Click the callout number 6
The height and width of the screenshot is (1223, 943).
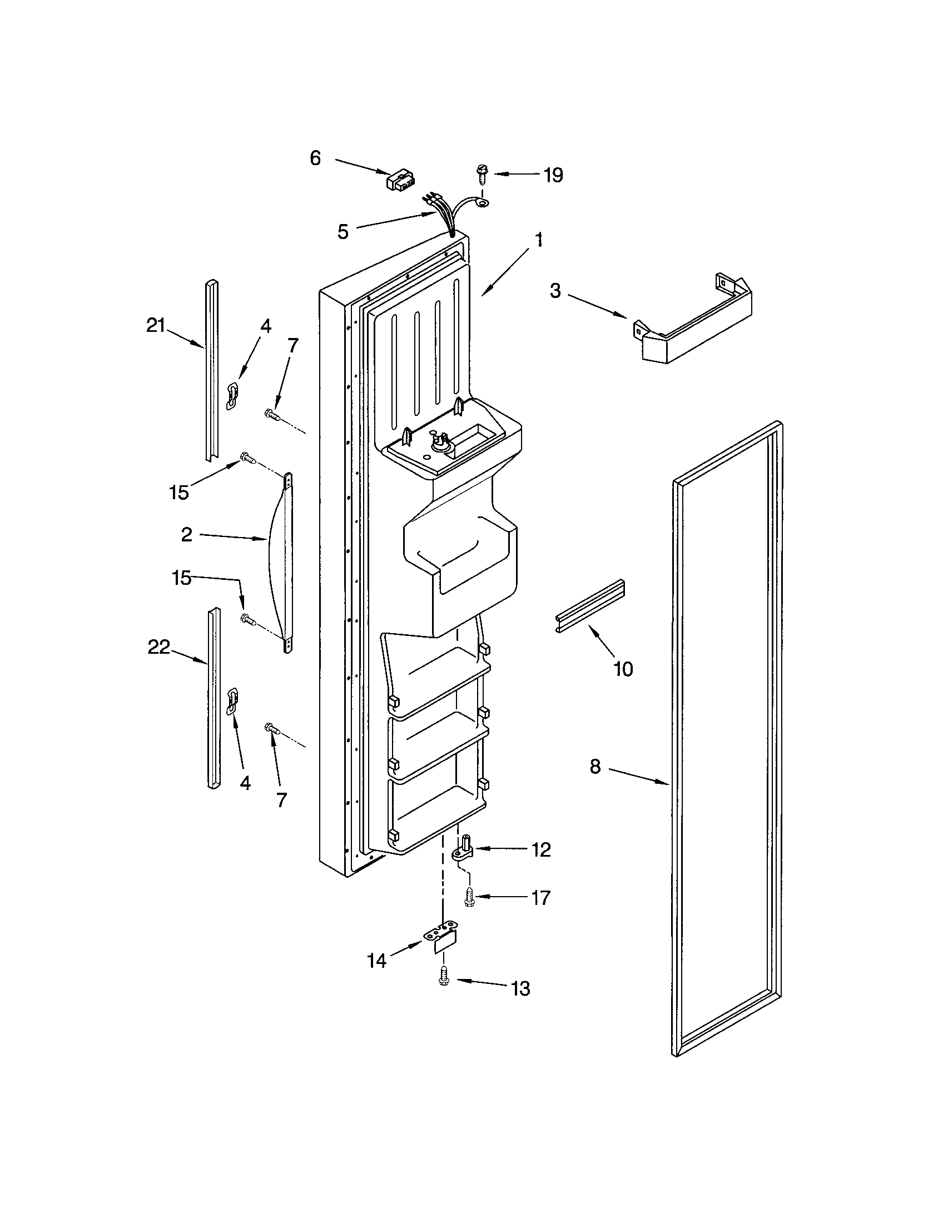coord(315,158)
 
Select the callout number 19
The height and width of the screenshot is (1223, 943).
coord(553,175)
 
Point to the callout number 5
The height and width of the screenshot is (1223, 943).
coord(343,231)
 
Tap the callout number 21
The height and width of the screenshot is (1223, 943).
coord(156,325)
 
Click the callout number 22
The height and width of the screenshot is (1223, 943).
coord(158,647)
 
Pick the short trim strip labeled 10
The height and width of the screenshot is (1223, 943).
coord(590,606)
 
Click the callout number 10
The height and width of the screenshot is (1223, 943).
coord(623,669)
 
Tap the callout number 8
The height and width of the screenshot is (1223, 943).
coord(595,766)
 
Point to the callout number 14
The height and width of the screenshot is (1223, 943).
coord(376,961)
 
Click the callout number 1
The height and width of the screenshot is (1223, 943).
coord(538,240)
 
